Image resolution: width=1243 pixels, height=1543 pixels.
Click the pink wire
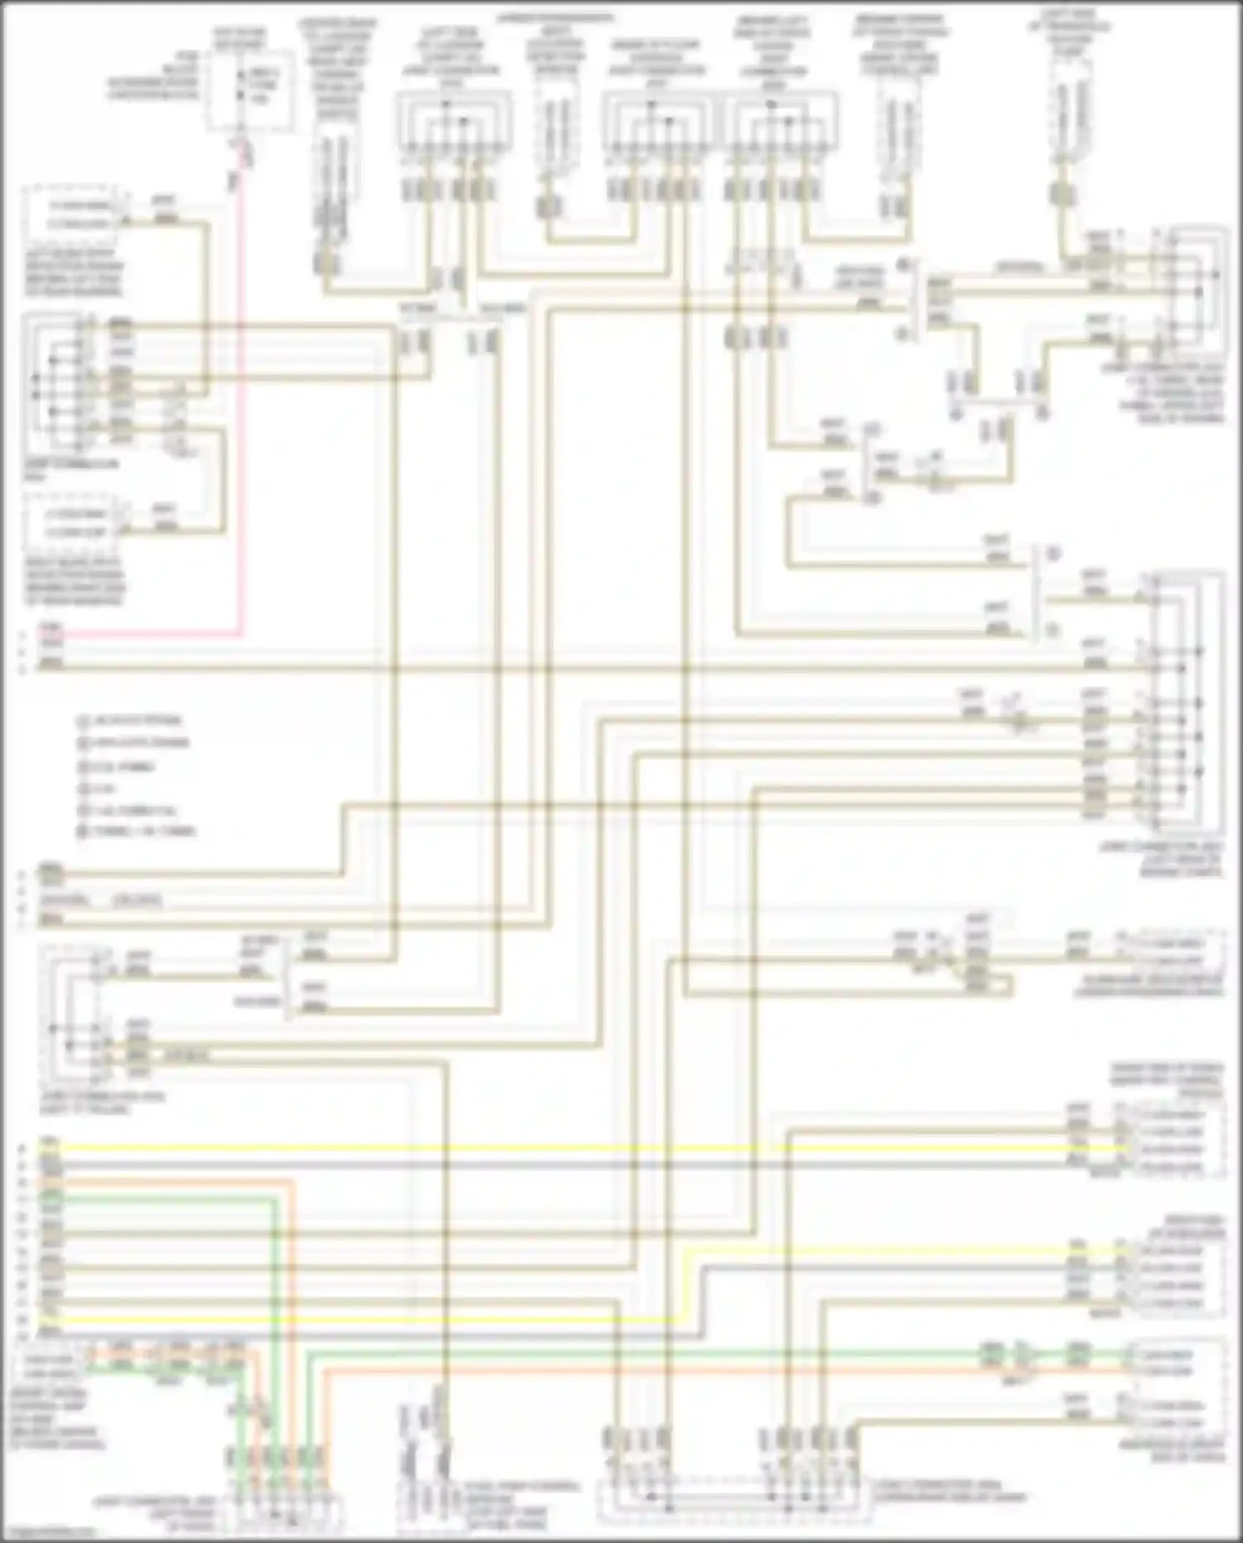coord(241,415)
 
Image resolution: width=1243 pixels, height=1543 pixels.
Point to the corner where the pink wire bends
coord(241,635)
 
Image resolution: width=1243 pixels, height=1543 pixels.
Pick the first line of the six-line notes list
coord(138,721)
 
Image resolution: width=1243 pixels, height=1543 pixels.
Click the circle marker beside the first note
coord(83,721)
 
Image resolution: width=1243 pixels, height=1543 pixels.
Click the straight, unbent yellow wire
coord(580,1148)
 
